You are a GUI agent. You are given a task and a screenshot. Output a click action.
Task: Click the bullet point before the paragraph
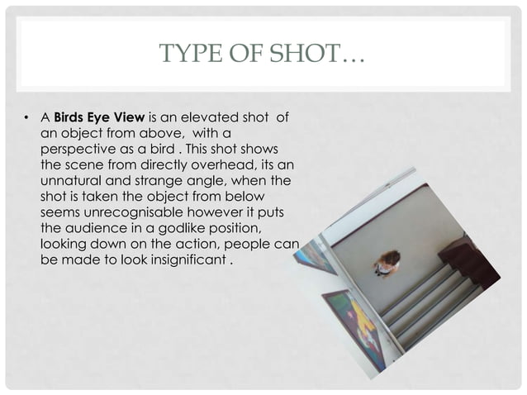pyautogui.click(x=27, y=118)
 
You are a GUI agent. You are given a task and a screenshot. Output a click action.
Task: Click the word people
pyautogui.click(x=252, y=248)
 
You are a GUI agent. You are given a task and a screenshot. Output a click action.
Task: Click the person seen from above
pyautogui.click(x=386, y=263)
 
